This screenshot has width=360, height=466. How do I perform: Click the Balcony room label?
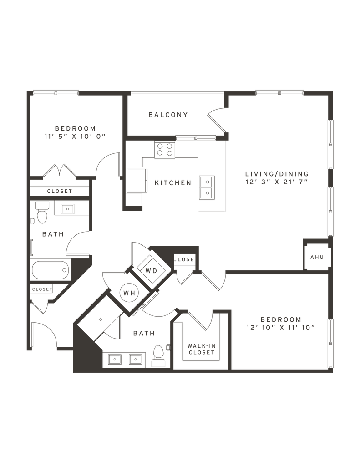[168, 115]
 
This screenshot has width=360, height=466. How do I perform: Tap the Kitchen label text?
[172, 183]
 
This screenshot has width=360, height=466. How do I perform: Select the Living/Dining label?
[277, 174]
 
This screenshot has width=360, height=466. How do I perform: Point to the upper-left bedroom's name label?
[75, 127]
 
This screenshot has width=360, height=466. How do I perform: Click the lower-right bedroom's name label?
[280, 319]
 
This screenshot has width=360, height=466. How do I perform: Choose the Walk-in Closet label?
[201, 349]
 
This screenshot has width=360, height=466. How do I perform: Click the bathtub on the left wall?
[50, 270]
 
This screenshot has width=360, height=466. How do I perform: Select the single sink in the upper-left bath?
[67, 209]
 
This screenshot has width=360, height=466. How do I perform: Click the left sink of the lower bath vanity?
[114, 360]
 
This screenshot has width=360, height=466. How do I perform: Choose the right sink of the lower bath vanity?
[135, 360]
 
